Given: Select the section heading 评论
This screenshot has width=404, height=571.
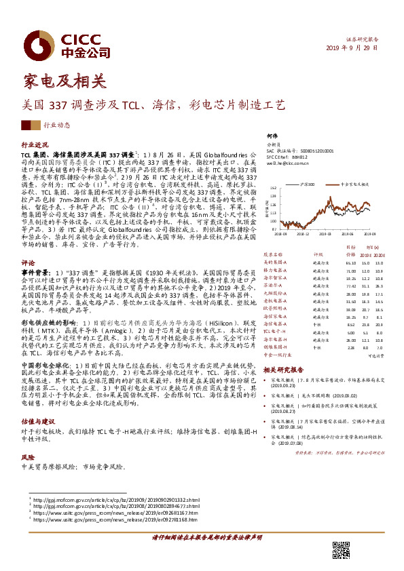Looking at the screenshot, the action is coord(28,243).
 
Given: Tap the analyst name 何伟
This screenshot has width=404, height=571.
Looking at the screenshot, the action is coord(272,136).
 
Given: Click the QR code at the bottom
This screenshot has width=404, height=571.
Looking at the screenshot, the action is coord(341,550).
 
